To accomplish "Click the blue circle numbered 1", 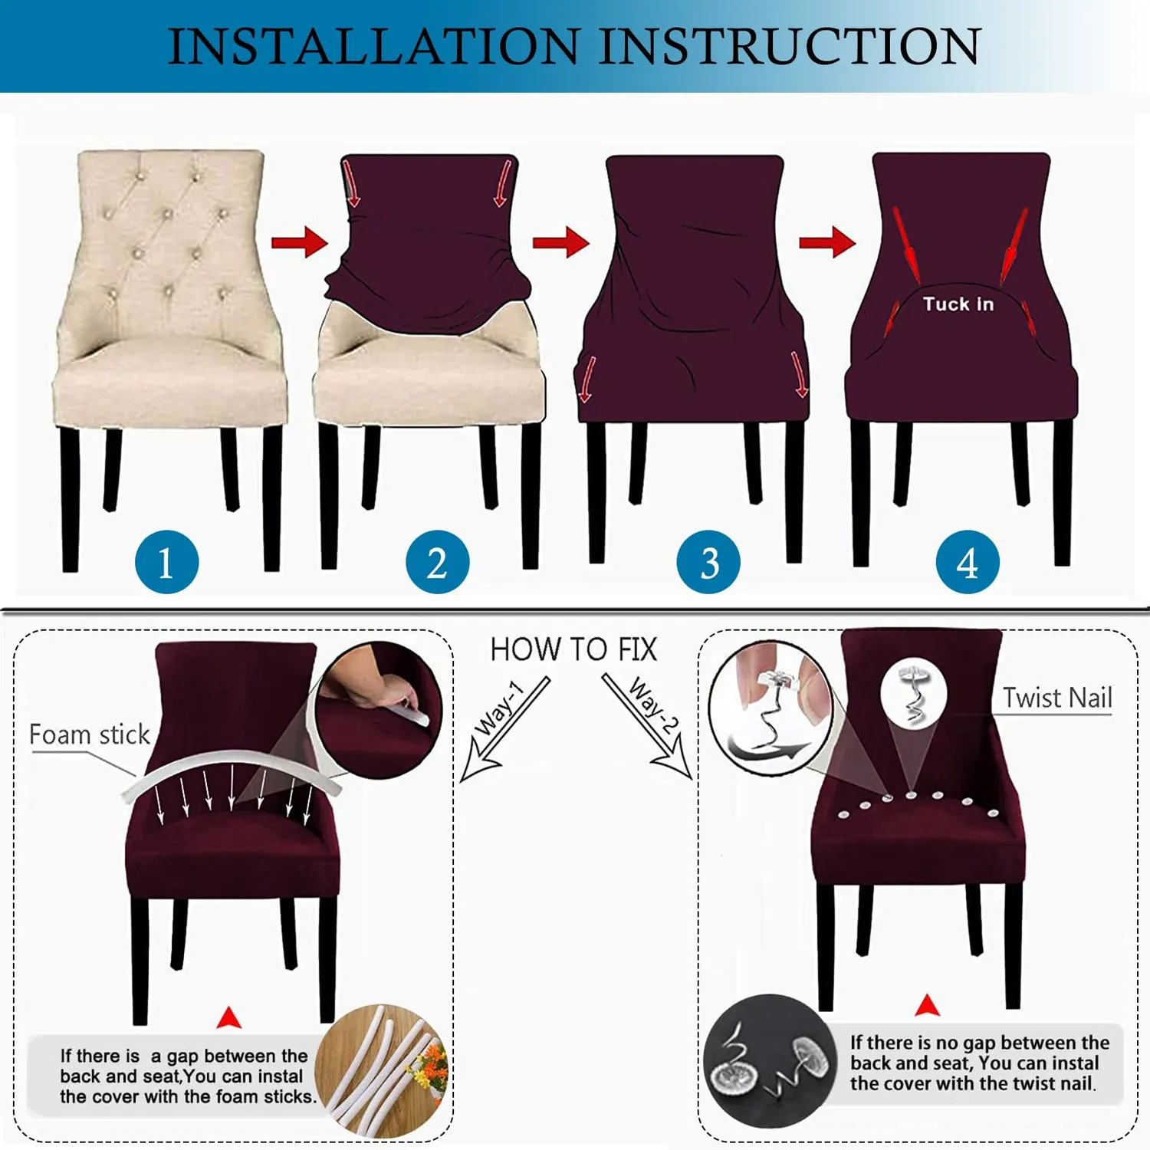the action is click(166, 562).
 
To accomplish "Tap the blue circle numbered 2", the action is click(437, 562).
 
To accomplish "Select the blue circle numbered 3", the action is click(708, 562).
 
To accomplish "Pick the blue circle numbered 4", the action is click(968, 562).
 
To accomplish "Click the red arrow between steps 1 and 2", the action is click(300, 242).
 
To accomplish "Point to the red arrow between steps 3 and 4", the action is click(827, 242).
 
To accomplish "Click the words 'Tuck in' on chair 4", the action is click(958, 304).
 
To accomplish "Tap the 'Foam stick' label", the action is click(89, 734).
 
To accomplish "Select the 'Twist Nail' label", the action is click(1057, 698).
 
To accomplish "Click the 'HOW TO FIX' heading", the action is click(573, 649).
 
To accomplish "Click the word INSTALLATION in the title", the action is click(373, 46).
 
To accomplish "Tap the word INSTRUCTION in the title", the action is click(790, 46).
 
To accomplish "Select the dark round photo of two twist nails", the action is click(770, 1061).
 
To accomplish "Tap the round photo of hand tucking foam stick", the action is click(379, 710).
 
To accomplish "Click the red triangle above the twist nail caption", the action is click(928, 1005).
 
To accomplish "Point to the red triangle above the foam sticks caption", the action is click(229, 1017).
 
